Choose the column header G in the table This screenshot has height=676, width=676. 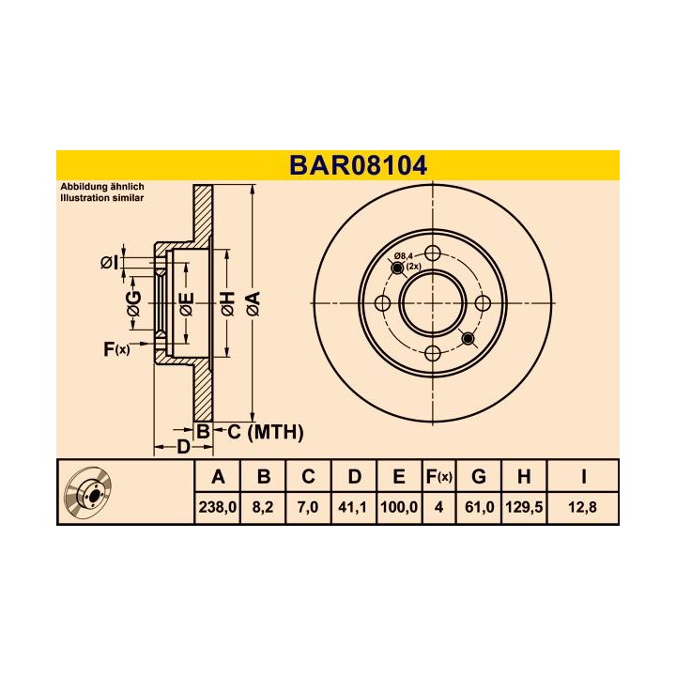pyautogui.click(x=477, y=477)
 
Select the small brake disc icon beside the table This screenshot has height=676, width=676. pyautogui.click(x=94, y=492)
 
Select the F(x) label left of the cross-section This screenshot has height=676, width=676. pyautogui.click(x=115, y=350)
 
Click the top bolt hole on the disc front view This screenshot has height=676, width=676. pyautogui.click(x=433, y=253)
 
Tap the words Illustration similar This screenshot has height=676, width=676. pyautogui.click(x=102, y=199)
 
